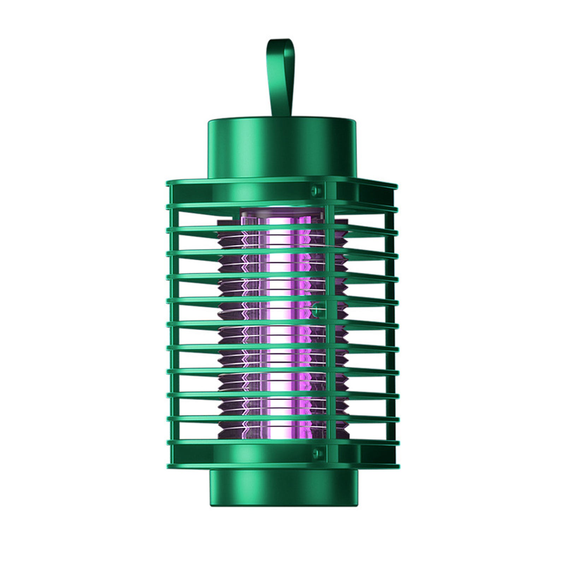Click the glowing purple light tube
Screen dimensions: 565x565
[282, 318]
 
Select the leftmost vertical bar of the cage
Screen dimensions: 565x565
[173, 318]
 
